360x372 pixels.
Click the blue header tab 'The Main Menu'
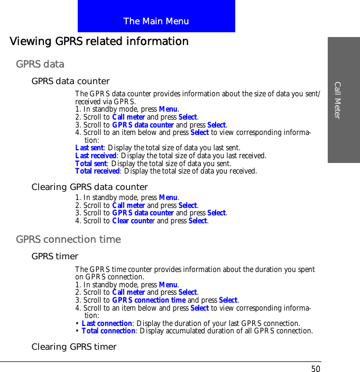(x=156, y=21)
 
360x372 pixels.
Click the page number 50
(x=316, y=368)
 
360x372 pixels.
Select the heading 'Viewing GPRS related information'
(x=99, y=41)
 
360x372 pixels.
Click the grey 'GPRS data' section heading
(x=40, y=64)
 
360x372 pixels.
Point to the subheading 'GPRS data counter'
(x=70, y=81)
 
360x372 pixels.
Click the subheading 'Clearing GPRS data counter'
(x=89, y=187)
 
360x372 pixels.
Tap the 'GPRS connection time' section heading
(x=68, y=239)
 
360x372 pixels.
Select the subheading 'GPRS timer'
(x=54, y=257)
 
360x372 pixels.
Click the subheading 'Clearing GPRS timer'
(x=73, y=347)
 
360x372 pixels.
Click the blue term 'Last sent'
(x=89, y=148)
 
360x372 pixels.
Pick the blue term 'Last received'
(x=96, y=156)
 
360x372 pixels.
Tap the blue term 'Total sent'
(x=91, y=164)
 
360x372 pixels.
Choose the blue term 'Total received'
(x=97, y=171)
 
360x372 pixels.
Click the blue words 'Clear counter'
(x=134, y=221)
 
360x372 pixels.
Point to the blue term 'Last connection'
(x=107, y=323)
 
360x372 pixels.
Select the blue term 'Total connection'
(x=108, y=331)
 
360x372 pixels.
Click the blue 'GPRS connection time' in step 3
(x=149, y=300)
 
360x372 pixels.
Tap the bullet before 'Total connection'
(x=78, y=331)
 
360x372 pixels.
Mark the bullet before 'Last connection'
(x=78, y=323)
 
